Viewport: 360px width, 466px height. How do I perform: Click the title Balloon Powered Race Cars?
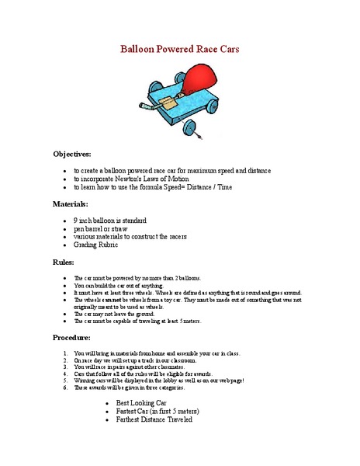(180, 49)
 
